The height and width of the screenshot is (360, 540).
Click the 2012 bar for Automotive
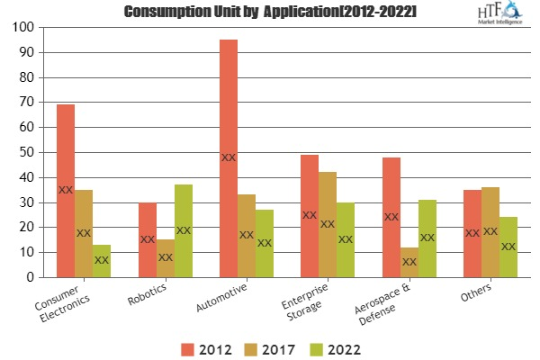[229, 158]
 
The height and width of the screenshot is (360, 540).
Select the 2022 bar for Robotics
[184, 231]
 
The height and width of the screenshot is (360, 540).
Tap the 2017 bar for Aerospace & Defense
[409, 262]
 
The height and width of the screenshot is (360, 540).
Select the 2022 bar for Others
[508, 247]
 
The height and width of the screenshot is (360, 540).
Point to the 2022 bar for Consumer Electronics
[102, 261]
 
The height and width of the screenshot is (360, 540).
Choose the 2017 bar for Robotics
[166, 258]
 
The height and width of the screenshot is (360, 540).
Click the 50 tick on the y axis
[27, 153]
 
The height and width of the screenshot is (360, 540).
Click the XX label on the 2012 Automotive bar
[229, 157]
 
